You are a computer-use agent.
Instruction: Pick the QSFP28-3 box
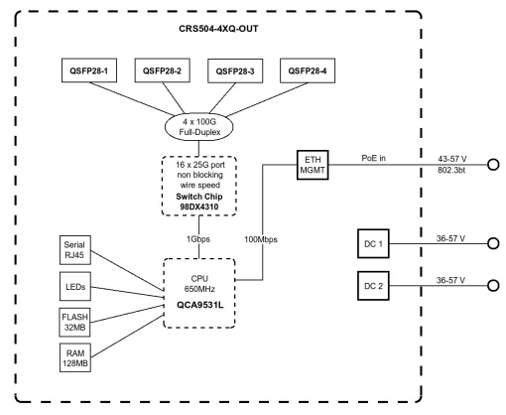[236, 72]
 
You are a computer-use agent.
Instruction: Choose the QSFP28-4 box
[308, 72]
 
